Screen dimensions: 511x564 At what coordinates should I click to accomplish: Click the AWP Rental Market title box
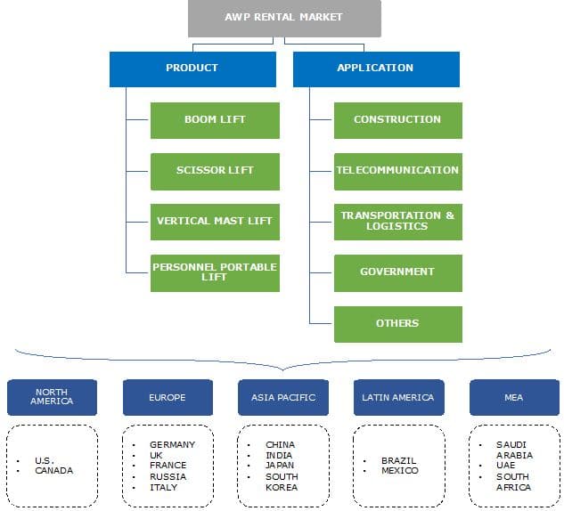click(x=284, y=18)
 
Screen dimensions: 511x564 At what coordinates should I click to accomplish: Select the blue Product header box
click(x=192, y=69)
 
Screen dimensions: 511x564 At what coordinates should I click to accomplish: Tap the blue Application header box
click(x=375, y=69)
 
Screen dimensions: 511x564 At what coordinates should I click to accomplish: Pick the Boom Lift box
click(x=215, y=120)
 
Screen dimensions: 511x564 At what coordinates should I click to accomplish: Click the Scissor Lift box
click(x=215, y=171)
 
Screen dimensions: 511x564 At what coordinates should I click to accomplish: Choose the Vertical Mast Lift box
click(x=215, y=222)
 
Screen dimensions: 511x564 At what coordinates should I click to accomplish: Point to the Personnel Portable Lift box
click(x=215, y=272)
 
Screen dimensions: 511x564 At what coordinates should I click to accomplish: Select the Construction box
click(x=397, y=120)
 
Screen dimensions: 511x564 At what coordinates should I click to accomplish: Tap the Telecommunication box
click(x=397, y=171)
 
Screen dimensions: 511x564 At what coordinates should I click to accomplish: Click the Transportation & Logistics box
click(x=397, y=222)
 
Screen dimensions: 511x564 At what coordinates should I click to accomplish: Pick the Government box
click(x=397, y=272)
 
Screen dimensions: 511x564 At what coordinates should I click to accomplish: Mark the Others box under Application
click(x=397, y=324)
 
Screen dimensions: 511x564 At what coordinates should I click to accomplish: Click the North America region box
click(x=52, y=397)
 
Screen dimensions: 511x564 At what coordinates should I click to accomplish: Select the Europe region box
click(x=168, y=397)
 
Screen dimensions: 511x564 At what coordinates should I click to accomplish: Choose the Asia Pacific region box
click(x=283, y=397)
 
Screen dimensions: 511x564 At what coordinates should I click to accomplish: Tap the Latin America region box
click(x=398, y=397)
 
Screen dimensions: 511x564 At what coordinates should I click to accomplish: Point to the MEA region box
click(x=514, y=397)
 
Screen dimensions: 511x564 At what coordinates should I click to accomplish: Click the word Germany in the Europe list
click(x=173, y=444)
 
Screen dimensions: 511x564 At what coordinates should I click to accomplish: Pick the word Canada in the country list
click(x=54, y=470)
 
